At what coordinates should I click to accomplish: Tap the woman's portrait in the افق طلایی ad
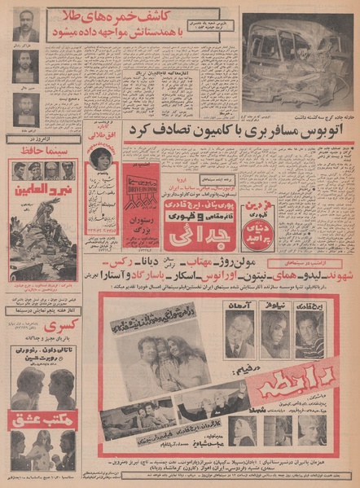coord(103,158)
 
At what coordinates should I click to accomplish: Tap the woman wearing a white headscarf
coord(243,428)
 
